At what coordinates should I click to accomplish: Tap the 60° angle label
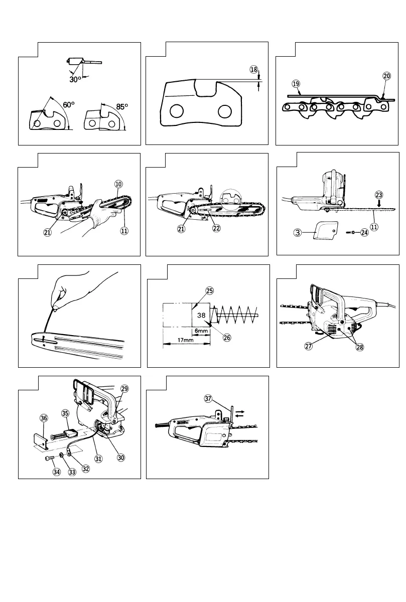[69, 105]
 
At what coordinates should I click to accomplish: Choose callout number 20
[386, 76]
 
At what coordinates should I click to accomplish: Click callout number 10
[119, 184]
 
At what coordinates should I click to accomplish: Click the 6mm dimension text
[200, 332]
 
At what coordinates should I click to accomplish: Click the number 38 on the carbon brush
[200, 316]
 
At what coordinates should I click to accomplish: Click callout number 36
[44, 417]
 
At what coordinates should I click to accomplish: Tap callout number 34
[57, 472]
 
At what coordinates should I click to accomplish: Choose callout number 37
[208, 398]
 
